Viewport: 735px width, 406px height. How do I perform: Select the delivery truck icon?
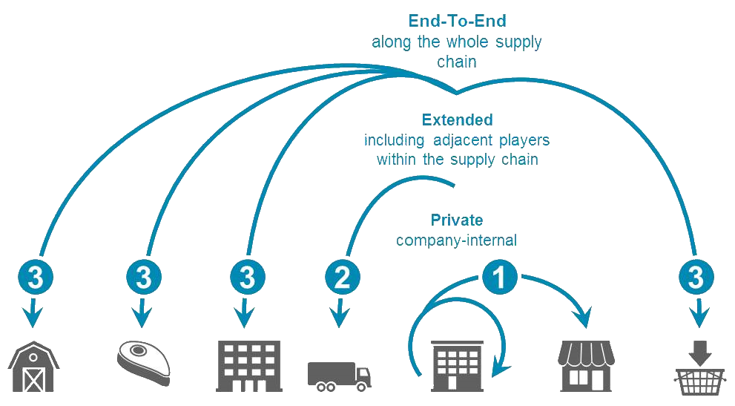point(339,376)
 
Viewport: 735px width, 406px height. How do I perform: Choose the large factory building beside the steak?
point(248,366)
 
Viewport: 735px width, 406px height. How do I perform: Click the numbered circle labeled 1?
point(501,277)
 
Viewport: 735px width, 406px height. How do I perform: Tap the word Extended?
point(457,119)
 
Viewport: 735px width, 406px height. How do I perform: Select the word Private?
point(457,220)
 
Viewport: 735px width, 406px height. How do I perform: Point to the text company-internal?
point(456,240)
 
